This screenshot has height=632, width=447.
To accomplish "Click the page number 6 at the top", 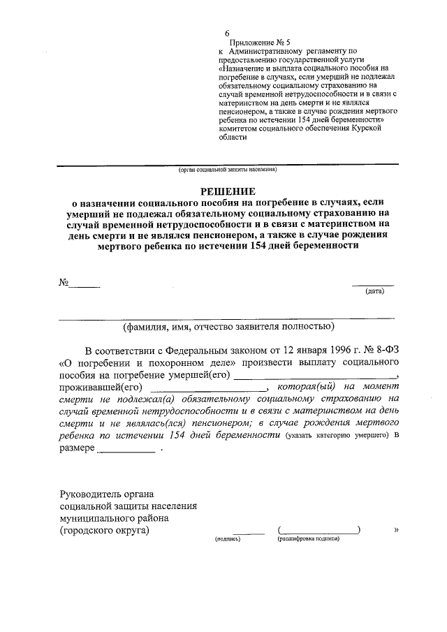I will coord(227,33).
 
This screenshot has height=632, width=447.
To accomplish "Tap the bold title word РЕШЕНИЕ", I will coord(228,191).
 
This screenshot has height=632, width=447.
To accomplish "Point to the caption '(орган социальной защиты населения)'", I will coord(227,170).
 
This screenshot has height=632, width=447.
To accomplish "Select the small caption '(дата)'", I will coord(375,291).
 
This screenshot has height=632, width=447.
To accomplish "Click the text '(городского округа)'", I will coord(105,531).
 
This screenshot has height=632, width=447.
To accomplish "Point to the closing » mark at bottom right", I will coord(396,530).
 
